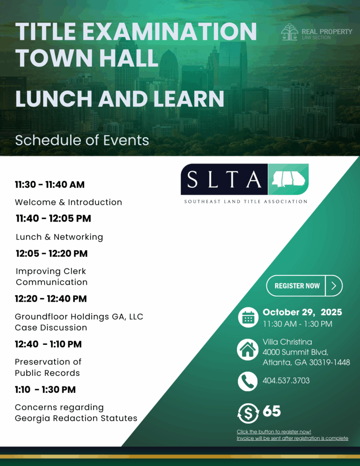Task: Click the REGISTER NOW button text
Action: coord(297,286)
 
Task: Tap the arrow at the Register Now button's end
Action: coord(334,286)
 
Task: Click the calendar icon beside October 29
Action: coord(248,317)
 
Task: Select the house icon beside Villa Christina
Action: coord(248,349)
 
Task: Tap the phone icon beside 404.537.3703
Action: coord(248,381)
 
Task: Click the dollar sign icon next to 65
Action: coord(248,413)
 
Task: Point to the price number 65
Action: coord(272,411)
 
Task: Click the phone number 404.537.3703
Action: coord(286,381)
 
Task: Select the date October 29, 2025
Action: coord(302,312)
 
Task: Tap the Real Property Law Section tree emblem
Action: coord(289,32)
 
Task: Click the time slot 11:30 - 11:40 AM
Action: coord(50,185)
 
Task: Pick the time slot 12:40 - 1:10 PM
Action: coord(48,344)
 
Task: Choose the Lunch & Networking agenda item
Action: coord(60,237)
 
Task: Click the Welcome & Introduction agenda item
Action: coord(68,202)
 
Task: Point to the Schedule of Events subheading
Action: coord(82,140)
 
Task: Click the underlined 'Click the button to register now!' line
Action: coord(274,432)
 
